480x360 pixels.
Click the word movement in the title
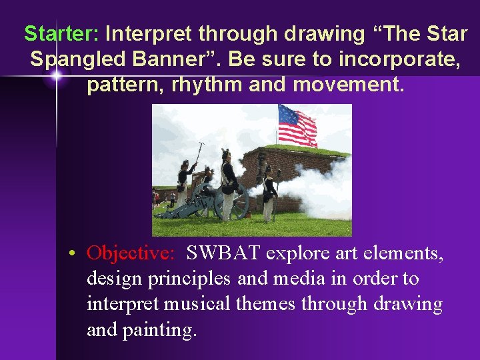347,85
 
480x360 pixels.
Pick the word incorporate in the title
397,59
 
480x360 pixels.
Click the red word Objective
131,254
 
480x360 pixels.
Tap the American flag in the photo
297,125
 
